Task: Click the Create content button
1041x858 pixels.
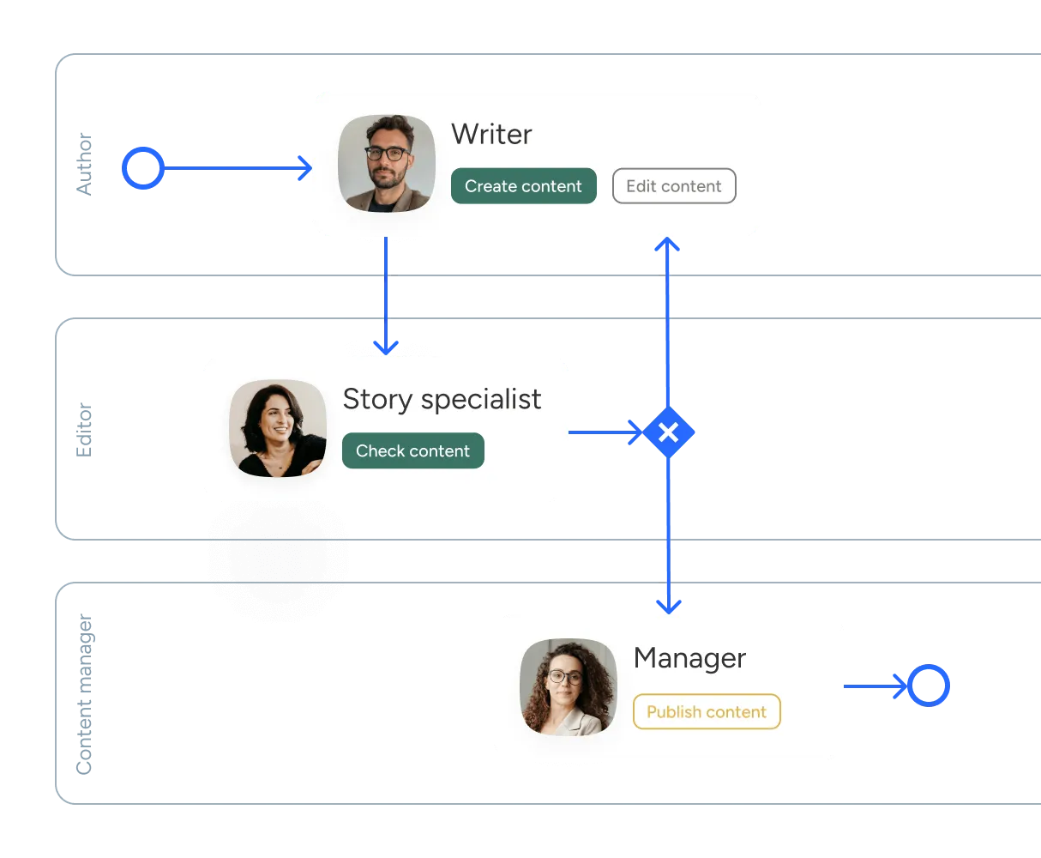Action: tap(523, 186)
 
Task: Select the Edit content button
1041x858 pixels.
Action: tap(674, 186)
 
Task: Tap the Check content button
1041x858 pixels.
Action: tap(412, 450)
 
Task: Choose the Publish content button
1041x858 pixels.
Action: tap(707, 711)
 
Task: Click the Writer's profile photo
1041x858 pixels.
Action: tap(387, 163)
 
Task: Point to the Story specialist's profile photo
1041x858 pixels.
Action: tap(278, 428)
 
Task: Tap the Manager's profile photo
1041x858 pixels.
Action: tap(569, 687)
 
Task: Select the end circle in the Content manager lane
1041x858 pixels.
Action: tap(929, 686)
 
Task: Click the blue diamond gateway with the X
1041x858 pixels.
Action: tap(668, 432)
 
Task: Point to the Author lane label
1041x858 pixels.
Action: tap(84, 164)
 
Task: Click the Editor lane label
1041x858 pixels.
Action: tap(84, 430)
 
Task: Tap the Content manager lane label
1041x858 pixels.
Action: tap(84, 694)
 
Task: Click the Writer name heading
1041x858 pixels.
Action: tap(491, 134)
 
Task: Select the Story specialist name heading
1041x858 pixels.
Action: tap(442, 399)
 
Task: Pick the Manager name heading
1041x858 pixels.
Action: tap(689, 657)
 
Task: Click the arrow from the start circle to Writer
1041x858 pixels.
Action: tap(238, 168)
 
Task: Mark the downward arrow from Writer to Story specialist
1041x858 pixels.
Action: tap(386, 296)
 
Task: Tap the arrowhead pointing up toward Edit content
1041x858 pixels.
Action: tap(667, 244)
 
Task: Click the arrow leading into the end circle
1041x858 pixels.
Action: tap(876, 686)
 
